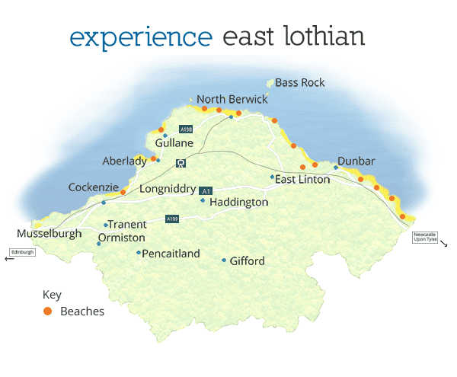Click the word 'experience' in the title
[x=139, y=36]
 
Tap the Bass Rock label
[x=300, y=82]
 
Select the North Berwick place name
[x=232, y=100]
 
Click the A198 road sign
[x=186, y=129]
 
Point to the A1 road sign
[x=205, y=190]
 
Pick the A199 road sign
[x=173, y=219]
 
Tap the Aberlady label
[x=125, y=161]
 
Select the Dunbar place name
[x=356, y=161]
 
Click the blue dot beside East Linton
[x=272, y=177]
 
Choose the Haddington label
[x=238, y=203]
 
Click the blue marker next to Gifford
[x=224, y=260]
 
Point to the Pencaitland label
[x=171, y=254]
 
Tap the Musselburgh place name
[x=49, y=234]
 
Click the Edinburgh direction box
[x=22, y=252]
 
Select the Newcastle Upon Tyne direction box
[x=427, y=237]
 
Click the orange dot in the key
[x=48, y=312]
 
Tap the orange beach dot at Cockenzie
[x=123, y=192]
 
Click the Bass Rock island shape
[x=269, y=83]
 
